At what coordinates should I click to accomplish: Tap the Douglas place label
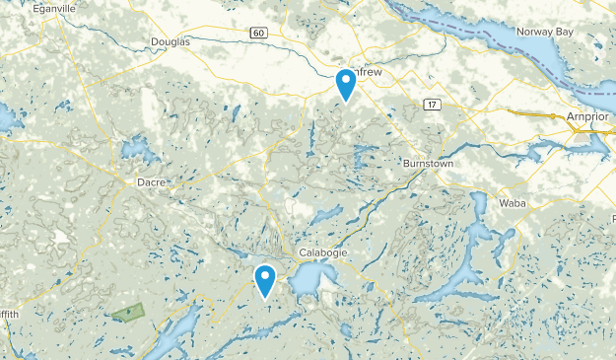(169, 41)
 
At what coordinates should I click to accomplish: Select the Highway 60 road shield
(259, 33)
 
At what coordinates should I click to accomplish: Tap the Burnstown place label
(428, 162)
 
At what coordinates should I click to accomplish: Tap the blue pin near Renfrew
(346, 85)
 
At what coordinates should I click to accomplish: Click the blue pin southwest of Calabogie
(265, 281)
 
